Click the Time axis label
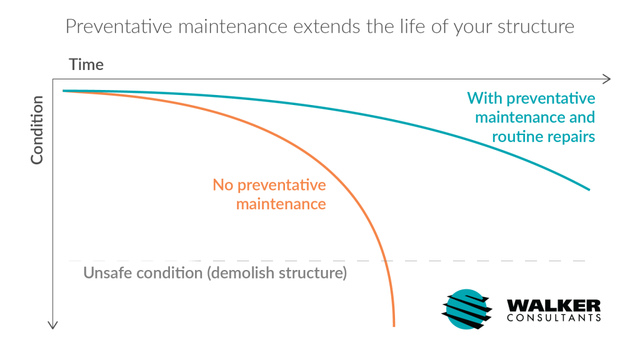pyautogui.click(x=86, y=64)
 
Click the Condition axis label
pyautogui.click(x=37, y=130)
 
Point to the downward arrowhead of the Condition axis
pyautogui.click(x=52, y=325)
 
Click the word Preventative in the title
pyautogui.click(x=119, y=26)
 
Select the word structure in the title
pyautogui.click(x=536, y=27)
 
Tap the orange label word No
pyautogui.click(x=223, y=185)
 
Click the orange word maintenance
pyautogui.click(x=281, y=204)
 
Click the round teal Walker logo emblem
pyautogui.click(x=466, y=309)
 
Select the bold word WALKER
pyautogui.click(x=554, y=305)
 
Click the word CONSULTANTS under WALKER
pyautogui.click(x=554, y=317)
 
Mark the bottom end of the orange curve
pyautogui.click(x=394, y=326)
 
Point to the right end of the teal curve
pyautogui.click(x=589, y=190)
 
